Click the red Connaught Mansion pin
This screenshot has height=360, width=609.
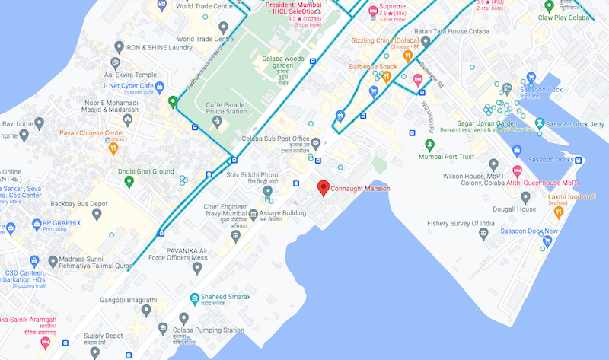point(323,187)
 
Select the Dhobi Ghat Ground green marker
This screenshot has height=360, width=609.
point(129,181)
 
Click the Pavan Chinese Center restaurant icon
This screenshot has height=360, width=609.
point(113,148)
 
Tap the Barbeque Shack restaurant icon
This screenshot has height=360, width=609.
point(408,76)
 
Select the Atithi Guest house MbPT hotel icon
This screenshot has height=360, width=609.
point(518,172)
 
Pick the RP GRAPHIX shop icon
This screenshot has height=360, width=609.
point(11,227)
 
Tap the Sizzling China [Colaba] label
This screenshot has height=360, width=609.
point(386,40)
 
